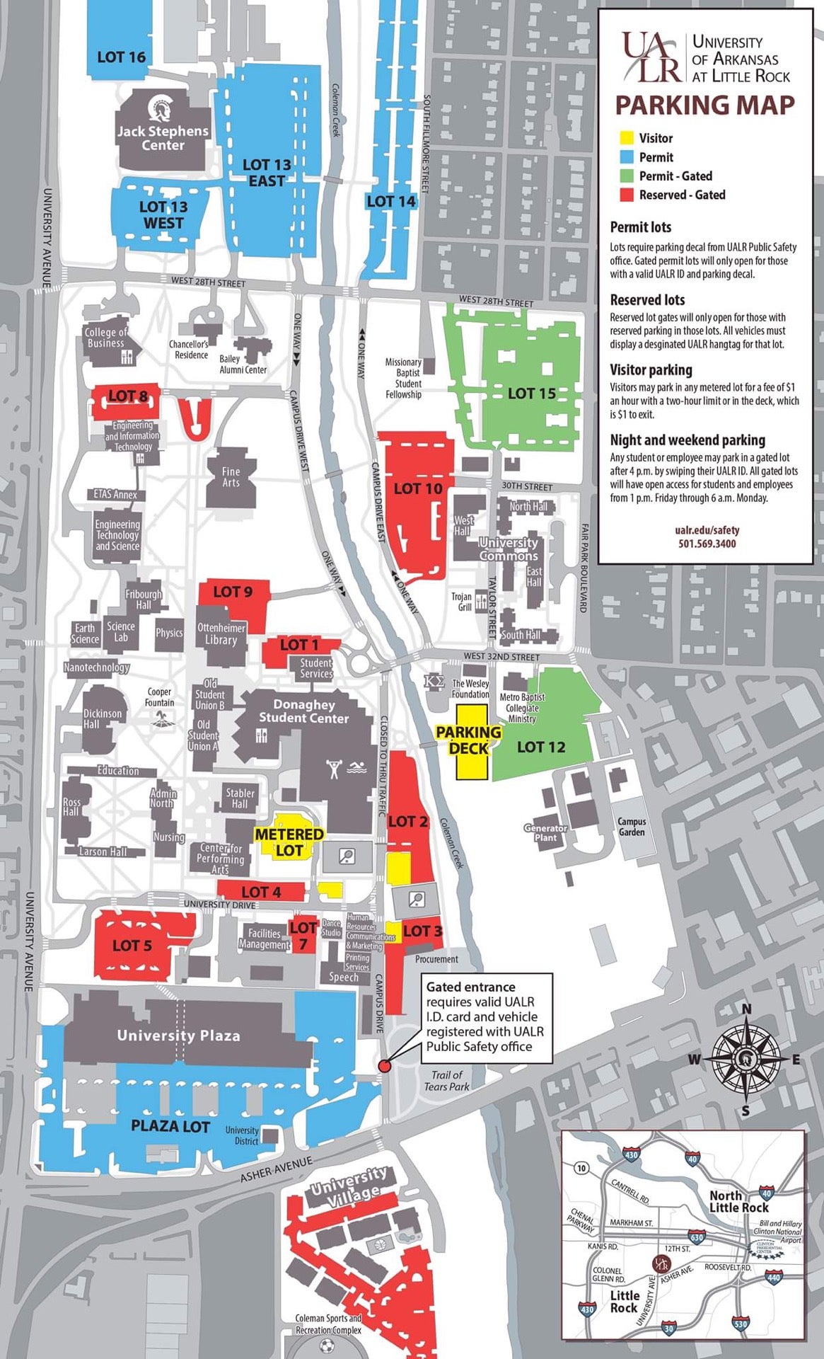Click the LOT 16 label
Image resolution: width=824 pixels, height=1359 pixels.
tap(121, 57)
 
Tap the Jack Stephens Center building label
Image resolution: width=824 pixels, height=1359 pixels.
tap(163, 138)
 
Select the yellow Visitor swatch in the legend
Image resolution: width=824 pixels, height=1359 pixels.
tap(626, 138)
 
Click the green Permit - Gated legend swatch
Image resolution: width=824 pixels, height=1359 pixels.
tap(626, 176)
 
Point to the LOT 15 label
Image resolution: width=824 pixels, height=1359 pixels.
tap(532, 393)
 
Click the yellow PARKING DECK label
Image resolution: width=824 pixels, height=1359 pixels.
tap(468, 740)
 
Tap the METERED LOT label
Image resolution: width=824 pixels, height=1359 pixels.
tap(289, 842)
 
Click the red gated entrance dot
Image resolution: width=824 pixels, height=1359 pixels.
tap(384, 1066)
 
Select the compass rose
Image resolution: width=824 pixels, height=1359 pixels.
tap(745, 1059)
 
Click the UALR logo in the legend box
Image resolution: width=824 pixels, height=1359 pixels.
tap(651, 58)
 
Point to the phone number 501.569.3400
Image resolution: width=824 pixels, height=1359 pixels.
tap(707, 544)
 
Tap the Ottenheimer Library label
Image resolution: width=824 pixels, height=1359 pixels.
tap(221, 633)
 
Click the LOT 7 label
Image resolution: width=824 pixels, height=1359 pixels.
tap(303, 935)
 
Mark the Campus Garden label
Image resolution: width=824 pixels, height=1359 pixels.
tap(632, 827)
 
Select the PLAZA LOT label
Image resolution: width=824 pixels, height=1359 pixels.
tap(170, 1125)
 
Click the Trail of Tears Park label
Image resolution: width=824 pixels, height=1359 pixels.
tap(446, 1080)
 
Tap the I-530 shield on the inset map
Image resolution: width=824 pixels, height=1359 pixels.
tap(741, 1323)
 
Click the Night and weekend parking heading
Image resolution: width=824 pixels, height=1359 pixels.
tap(687, 440)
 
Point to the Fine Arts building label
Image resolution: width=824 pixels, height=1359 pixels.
tap(231, 476)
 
